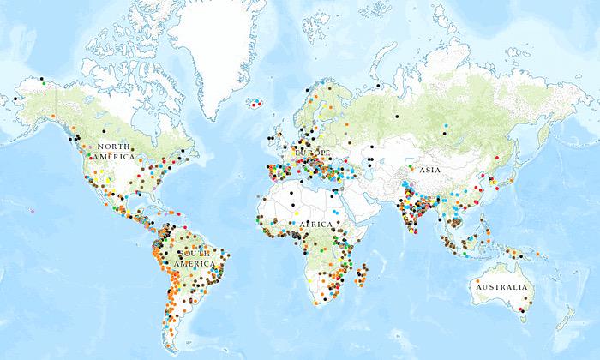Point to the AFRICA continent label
click(315, 224)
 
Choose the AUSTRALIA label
click(505, 287)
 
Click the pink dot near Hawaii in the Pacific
click(32, 210)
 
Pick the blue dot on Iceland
click(255, 106)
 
